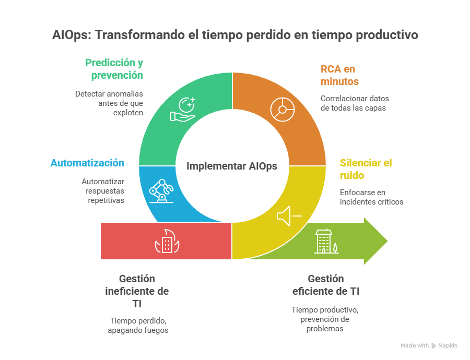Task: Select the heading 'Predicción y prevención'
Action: coord(114,69)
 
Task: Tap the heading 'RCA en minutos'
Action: coord(339,75)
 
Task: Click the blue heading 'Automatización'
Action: coord(87,163)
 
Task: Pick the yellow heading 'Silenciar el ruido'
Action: coord(366,169)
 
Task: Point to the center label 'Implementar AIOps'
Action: coord(232,166)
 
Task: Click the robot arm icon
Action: coord(160,190)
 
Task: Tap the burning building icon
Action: coord(167,242)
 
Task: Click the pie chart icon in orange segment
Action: coord(283,110)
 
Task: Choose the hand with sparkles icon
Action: coord(183,109)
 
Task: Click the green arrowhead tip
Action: coord(386,241)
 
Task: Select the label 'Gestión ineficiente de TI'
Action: coord(137,291)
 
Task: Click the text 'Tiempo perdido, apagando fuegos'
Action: coord(138,325)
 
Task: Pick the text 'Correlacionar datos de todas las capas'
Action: coord(354,103)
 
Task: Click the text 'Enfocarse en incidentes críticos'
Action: coord(371,197)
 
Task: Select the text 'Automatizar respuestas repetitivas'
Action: coord(103,190)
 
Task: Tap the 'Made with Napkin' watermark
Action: coord(429,345)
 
